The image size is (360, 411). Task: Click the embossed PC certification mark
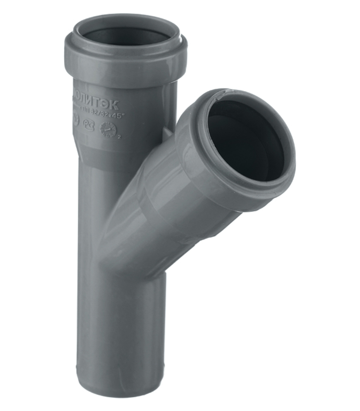[91, 122]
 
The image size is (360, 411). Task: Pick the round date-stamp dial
[108, 129]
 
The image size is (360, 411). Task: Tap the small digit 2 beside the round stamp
[120, 137]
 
